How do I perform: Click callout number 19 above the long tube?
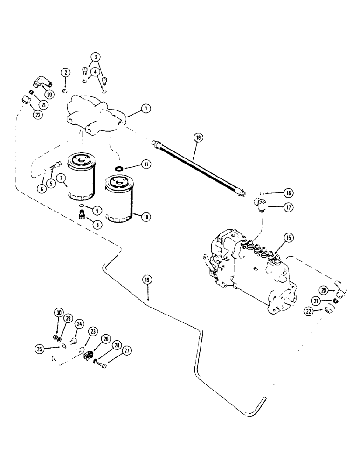pyautogui.click(x=147, y=280)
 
